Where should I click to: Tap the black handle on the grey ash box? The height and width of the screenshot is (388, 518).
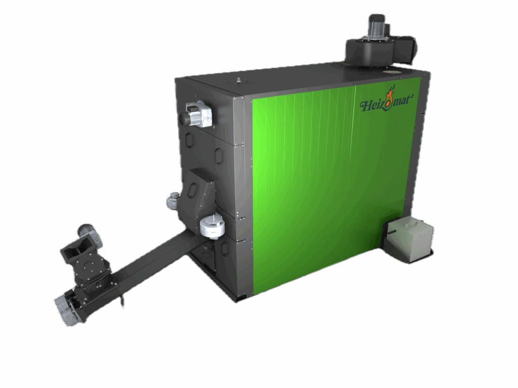[391, 234]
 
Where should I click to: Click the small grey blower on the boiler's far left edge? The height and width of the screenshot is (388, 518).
[172, 200]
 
